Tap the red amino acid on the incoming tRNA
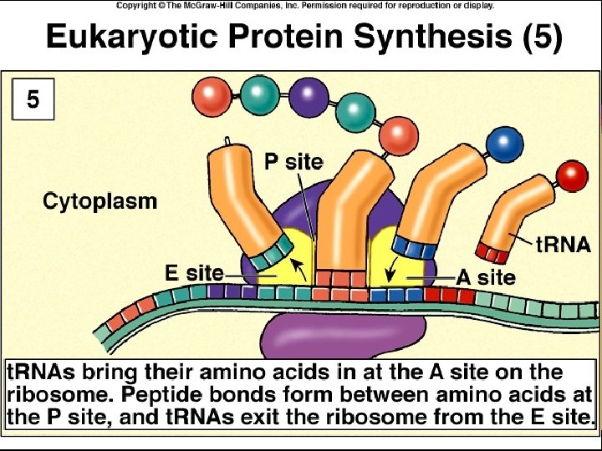(573, 175)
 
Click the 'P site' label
(293, 161)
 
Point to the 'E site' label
(193, 272)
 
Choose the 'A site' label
(485, 277)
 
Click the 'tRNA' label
(564, 245)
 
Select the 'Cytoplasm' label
(99, 201)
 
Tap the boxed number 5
(32, 100)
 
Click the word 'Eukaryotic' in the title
(123, 37)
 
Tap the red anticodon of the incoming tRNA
(492, 251)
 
